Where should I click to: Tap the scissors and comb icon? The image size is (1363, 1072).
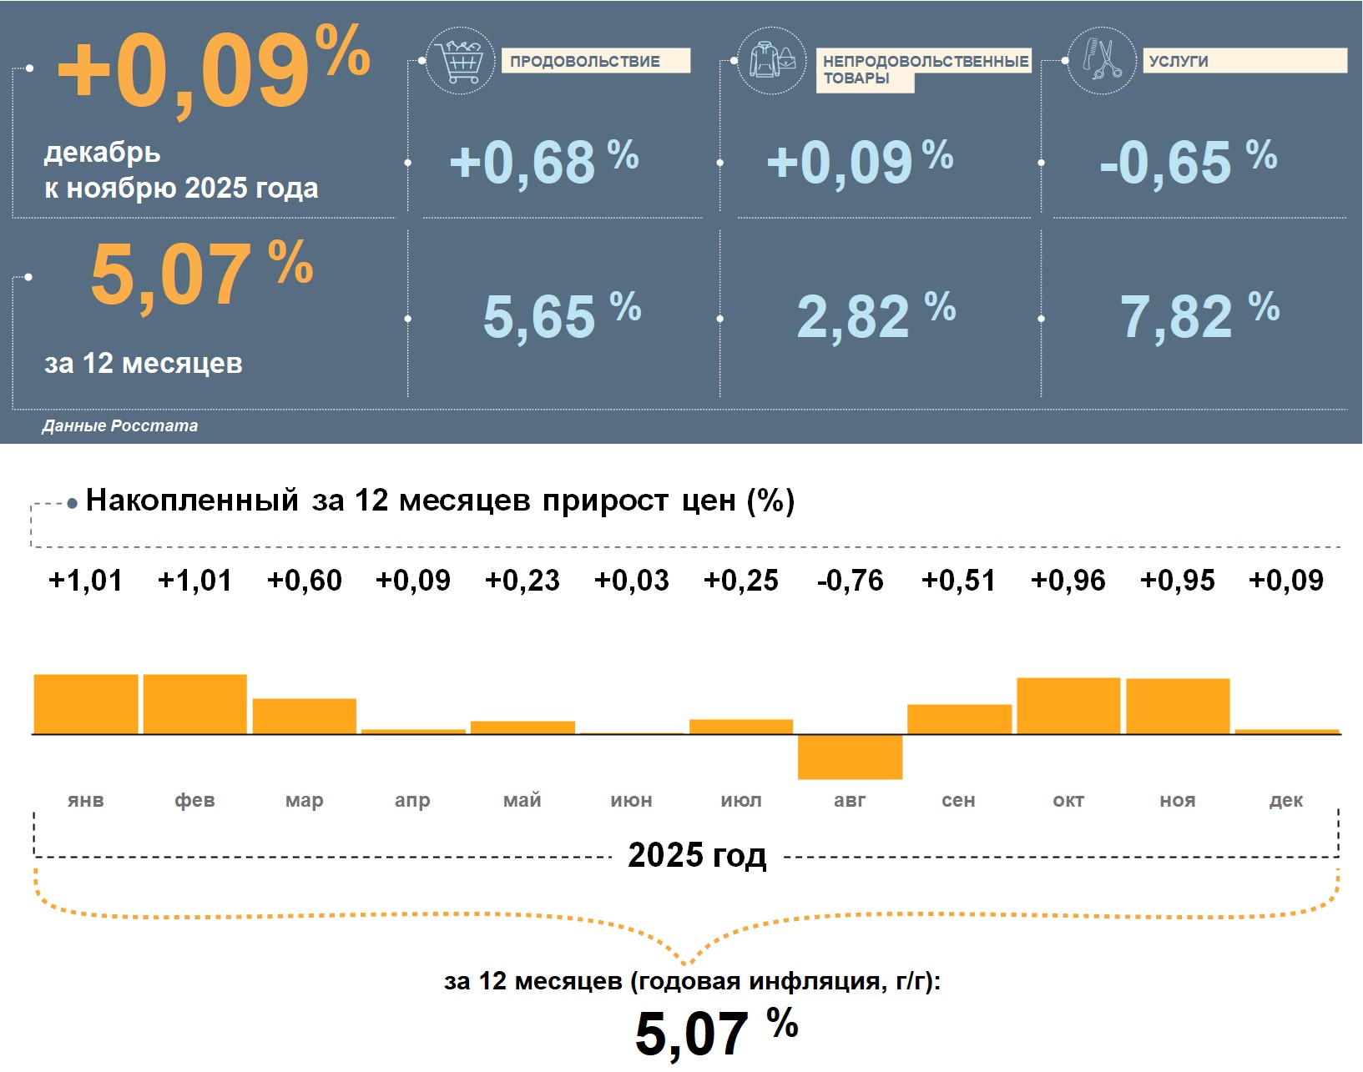[x=1102, y=60]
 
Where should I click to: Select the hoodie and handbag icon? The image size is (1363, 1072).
[x=772, y=60]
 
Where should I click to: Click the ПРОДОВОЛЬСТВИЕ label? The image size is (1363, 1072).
[x=585, y=61]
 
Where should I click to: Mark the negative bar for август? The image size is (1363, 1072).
[x=850, y=757]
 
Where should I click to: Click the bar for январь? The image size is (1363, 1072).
[x=86, y=704]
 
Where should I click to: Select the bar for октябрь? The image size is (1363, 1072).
[x=1068, y=706]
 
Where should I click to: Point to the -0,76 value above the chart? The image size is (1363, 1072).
[x=850, y=581]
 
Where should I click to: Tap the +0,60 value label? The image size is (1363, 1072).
[x=305, y=581]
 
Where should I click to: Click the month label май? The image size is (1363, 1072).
[x=522, y=801]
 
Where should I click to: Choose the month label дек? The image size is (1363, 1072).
[x=1286, y=801]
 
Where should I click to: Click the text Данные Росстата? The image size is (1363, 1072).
[x=120, y=425]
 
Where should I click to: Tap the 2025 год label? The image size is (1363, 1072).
[x=697, y=855]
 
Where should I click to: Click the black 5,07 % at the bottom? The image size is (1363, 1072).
[x=716, y=1032]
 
